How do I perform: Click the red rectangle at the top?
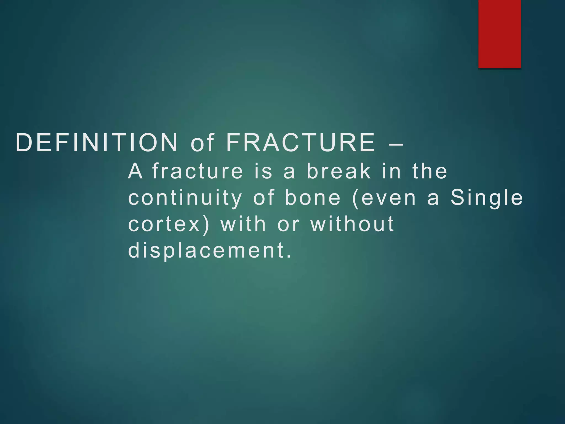click(x=499, y=34)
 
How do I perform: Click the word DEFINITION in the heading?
click(x=97, y=143)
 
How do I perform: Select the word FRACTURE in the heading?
click(x=301, y=143)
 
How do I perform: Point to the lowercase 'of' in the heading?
click(x=202, y=143)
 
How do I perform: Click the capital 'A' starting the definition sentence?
click(x=135, y=171)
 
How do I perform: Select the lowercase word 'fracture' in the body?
click(x=198, y=171)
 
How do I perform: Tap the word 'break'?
click(x=339, y=171)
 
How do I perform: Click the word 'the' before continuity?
click(x=430, y=171)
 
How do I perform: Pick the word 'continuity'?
click(x=185, y=198)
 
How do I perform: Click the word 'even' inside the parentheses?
click(x=388, y=198)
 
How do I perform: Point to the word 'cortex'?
click(x=164, y=224)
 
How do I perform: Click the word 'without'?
click(x=353, y=224)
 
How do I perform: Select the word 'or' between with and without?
click(x=288, y=224)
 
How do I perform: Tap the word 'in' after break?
click(x=391, y=171)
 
